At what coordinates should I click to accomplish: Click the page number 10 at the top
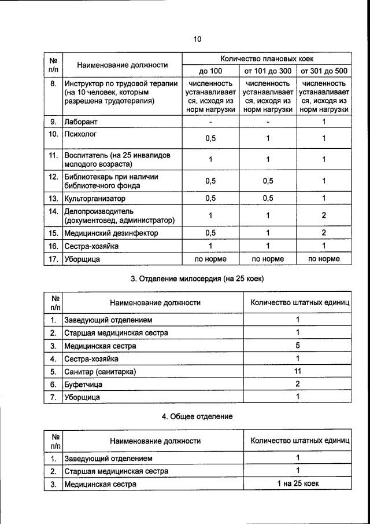pos(197,39)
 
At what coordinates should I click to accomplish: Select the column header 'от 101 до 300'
pos(268,71)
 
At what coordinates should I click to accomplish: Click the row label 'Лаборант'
pos(82,122)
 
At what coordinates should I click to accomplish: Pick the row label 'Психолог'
pos(80,134)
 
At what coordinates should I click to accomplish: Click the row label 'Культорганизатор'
pos(95,198)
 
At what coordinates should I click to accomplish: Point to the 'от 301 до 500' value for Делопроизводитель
pos(324,215)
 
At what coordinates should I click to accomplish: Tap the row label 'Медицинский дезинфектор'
pos(110,233)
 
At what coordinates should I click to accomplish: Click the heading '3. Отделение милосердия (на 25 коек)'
pos(197,279)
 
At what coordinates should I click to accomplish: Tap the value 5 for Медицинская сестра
pos(298,346)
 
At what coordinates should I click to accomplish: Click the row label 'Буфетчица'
pos(84,384)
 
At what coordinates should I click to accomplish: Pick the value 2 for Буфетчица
pos(298,384)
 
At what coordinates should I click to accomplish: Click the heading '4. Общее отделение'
pos(197,416)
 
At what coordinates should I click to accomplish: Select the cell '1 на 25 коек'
pos(298,483)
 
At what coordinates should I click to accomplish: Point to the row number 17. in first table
pos(53,259)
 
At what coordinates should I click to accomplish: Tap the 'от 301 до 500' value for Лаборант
pos(324,122)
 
